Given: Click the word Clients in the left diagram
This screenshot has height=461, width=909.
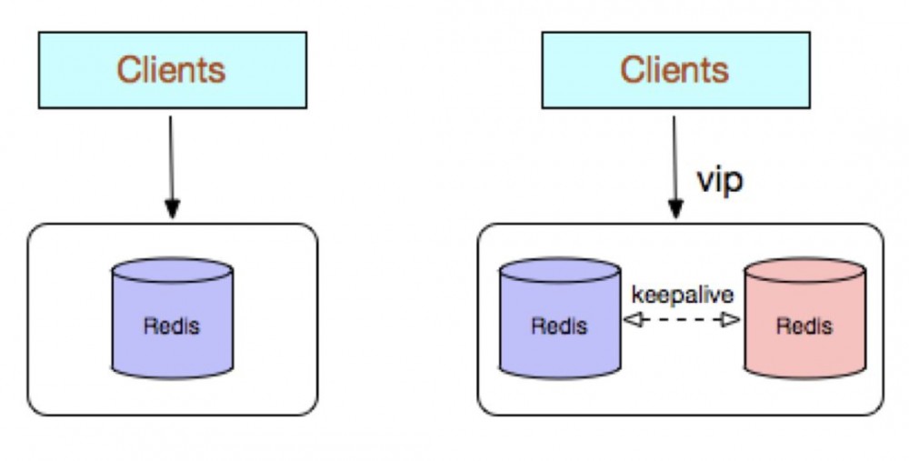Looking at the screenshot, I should point(171,70).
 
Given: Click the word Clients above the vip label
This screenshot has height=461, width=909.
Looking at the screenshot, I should point(674,70).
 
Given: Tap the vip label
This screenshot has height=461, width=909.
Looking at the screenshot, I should point(719,179).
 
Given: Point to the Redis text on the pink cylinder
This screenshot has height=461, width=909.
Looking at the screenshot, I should point(804,326).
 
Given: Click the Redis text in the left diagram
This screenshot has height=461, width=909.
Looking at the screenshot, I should point(171,326).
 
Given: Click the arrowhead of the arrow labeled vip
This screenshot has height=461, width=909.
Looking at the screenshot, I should point(675,209).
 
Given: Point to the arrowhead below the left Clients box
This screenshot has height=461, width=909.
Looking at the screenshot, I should point(172,209).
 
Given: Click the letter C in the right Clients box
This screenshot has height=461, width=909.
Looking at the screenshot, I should point(631,70).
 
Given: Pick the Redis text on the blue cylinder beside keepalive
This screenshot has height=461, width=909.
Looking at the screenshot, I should point(559,326).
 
